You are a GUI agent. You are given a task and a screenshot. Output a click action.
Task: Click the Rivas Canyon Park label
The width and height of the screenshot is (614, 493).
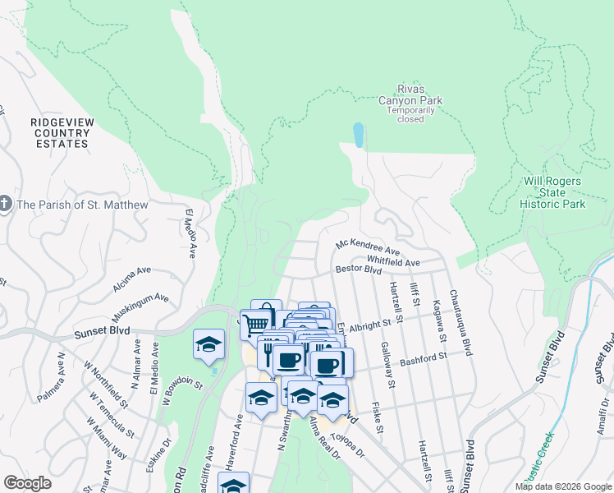(x=410, y=95)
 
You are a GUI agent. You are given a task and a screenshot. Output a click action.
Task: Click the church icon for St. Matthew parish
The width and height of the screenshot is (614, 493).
(x=6, y=205)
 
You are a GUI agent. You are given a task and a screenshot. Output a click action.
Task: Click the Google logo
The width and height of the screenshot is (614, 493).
(x=27, y=483)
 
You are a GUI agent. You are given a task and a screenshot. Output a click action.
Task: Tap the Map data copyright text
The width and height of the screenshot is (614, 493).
(x=563, y=486)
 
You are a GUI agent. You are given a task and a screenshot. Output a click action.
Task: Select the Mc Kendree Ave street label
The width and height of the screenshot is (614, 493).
(x=367, y=246)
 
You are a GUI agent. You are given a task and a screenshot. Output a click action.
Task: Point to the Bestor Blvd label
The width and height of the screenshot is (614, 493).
(x=358, y=270)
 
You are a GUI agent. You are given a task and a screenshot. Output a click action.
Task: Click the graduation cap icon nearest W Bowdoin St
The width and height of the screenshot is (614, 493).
(x=208, y=344)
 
